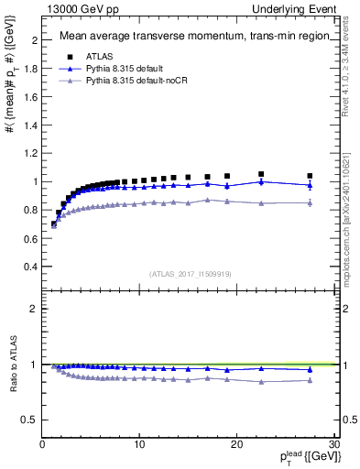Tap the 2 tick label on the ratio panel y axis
(x=33, y=309)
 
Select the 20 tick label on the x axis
(x=236, y=445)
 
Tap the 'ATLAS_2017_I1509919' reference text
(x=189, y=273)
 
